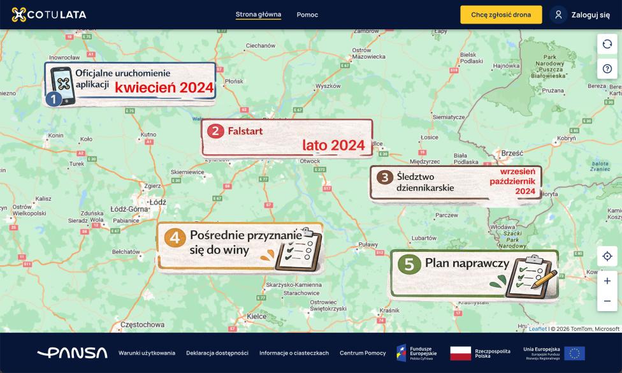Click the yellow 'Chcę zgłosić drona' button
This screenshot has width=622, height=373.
501,15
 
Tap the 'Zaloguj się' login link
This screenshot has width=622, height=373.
580,15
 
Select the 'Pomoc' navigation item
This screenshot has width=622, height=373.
307,15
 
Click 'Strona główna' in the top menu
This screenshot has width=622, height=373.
258,15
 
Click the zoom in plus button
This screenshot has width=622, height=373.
607,281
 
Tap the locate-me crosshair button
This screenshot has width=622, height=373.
607,256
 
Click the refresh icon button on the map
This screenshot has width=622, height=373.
607,44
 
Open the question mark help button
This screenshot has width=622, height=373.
607,69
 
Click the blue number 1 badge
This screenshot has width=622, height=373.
54,99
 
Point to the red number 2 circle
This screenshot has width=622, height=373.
215,131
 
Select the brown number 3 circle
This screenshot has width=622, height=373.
384,177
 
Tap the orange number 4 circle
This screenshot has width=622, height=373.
175,238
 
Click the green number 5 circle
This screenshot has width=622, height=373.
409,264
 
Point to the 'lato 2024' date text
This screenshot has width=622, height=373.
333,145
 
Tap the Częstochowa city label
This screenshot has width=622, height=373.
141,325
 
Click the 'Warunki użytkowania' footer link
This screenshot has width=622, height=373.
147,353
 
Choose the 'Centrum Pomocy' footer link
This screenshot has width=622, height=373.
363,353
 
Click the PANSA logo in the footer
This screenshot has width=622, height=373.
72,353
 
